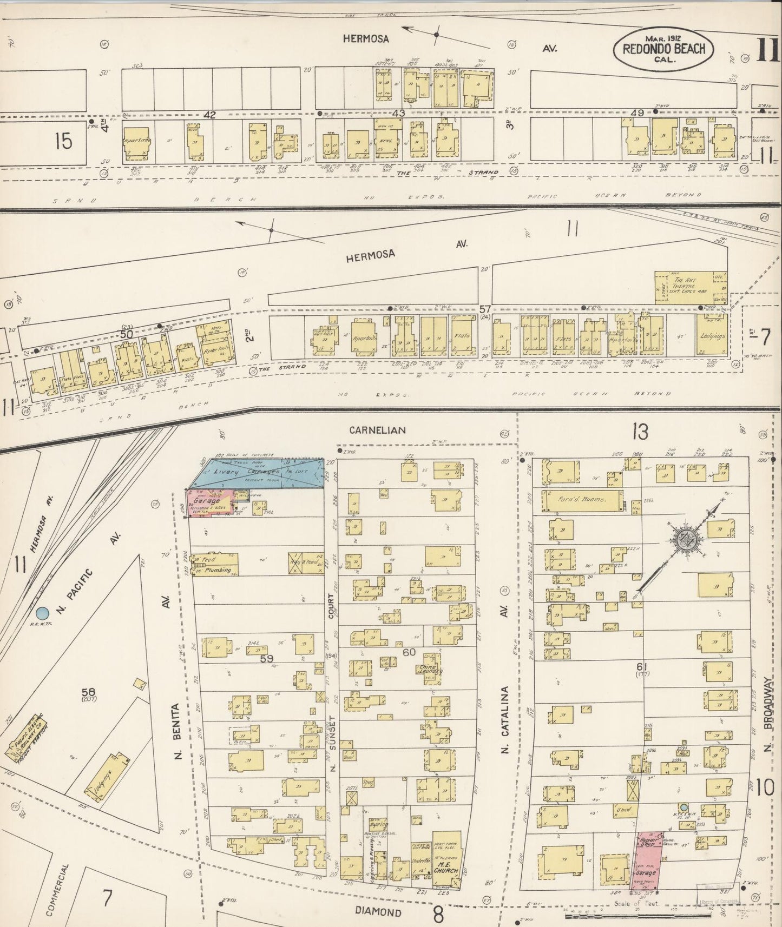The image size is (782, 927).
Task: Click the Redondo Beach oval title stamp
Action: click(663, 49)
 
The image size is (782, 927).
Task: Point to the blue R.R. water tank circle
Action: click(42, 613)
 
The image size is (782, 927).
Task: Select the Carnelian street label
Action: click(377, 430)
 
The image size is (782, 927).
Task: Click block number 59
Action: click(267, 658)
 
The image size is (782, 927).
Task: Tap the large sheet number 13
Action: click(639, 432)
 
